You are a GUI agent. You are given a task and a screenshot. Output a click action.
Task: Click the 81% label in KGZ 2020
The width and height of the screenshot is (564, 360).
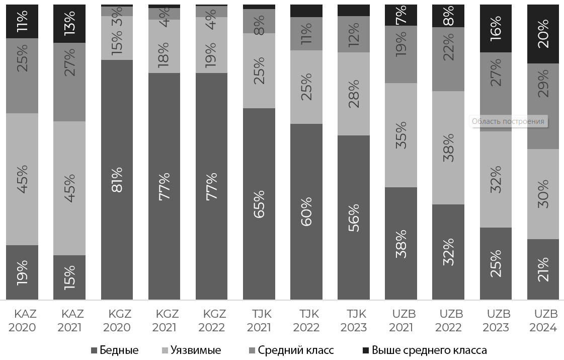tap(117, 186)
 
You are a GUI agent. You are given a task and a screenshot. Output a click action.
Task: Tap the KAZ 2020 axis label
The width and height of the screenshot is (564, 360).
tap(22, 321)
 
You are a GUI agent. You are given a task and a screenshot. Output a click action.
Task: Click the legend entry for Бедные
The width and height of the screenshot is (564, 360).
tap(114, 350)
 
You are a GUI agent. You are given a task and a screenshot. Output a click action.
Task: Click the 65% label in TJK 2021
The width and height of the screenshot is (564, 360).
tap(259, 204)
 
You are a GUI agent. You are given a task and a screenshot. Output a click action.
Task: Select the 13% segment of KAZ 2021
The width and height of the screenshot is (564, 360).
tap(69, 23)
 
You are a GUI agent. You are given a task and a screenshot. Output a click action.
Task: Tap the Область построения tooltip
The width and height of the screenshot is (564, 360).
tap(508, 121)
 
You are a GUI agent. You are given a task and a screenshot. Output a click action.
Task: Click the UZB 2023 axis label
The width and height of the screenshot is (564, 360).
tap(497, 321)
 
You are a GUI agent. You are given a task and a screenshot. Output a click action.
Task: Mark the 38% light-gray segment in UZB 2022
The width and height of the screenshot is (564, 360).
tap(448, 148)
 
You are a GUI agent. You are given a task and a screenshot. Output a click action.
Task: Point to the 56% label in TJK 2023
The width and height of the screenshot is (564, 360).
tap(354, 218)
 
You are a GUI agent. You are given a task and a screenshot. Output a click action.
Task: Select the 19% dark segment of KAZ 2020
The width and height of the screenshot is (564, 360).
tap(22, 272)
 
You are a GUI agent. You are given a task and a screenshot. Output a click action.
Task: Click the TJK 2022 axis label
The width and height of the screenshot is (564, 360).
tap(306, 321)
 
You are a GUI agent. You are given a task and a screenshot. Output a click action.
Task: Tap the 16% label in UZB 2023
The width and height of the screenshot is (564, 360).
tap(496, 29)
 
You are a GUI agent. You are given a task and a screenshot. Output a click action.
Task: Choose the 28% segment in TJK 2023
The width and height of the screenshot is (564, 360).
tap(354, 94)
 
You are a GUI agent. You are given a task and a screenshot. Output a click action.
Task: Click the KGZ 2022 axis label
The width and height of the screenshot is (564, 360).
tap(212, 321)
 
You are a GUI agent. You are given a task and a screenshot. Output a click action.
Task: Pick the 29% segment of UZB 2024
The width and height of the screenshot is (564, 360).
tap(543, 106)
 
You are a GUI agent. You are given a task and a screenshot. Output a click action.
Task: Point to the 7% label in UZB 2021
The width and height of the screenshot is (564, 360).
tap(401, 16)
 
